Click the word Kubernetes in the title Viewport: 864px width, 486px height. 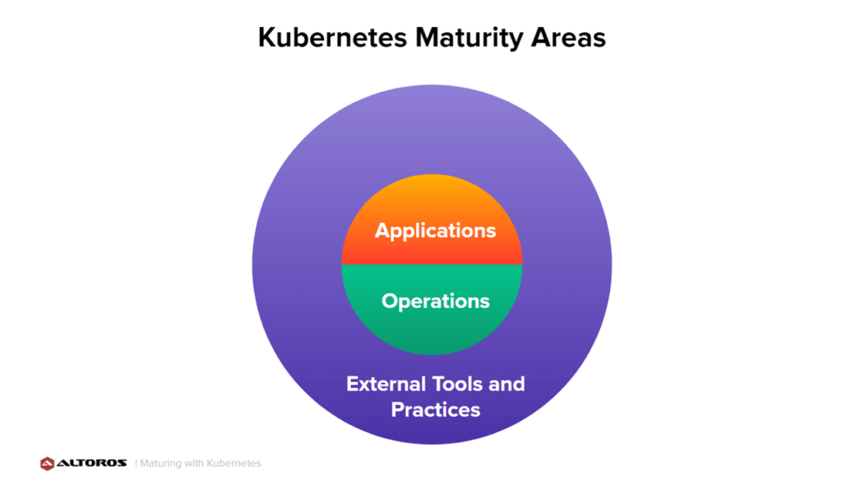(332, 37)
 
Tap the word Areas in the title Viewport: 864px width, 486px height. (568, 37)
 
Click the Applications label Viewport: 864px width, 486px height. (435, 231)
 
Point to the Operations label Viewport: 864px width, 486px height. (435, 301)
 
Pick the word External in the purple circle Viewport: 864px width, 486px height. (386, 384)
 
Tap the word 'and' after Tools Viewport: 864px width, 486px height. (506, 384)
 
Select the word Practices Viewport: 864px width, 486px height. (435, 410)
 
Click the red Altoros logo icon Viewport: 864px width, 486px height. (47, 463)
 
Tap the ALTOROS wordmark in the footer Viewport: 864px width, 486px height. (91, 463)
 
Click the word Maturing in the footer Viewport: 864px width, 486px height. (160, 463)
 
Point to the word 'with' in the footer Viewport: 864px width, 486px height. (193, 463)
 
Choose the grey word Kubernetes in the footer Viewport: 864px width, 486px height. (233, 463)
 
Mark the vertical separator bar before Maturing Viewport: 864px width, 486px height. (136, 463)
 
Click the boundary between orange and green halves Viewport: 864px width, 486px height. (432, 264)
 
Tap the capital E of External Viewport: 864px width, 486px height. (352, 384)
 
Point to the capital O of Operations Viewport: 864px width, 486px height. (390, 301)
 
